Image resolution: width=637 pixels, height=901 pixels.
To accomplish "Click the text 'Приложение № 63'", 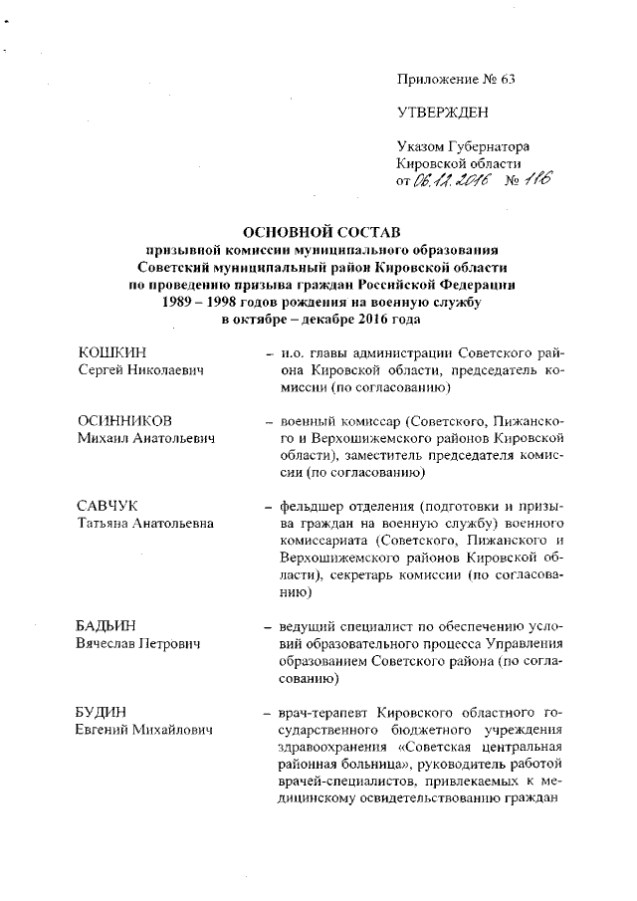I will tap(446, 79).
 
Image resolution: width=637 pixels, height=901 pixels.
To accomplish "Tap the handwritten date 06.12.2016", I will tap(454, 180).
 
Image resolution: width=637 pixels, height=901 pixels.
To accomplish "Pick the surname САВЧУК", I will tap(110, 508).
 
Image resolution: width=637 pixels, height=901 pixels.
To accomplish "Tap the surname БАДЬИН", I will tap(110, 627).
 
